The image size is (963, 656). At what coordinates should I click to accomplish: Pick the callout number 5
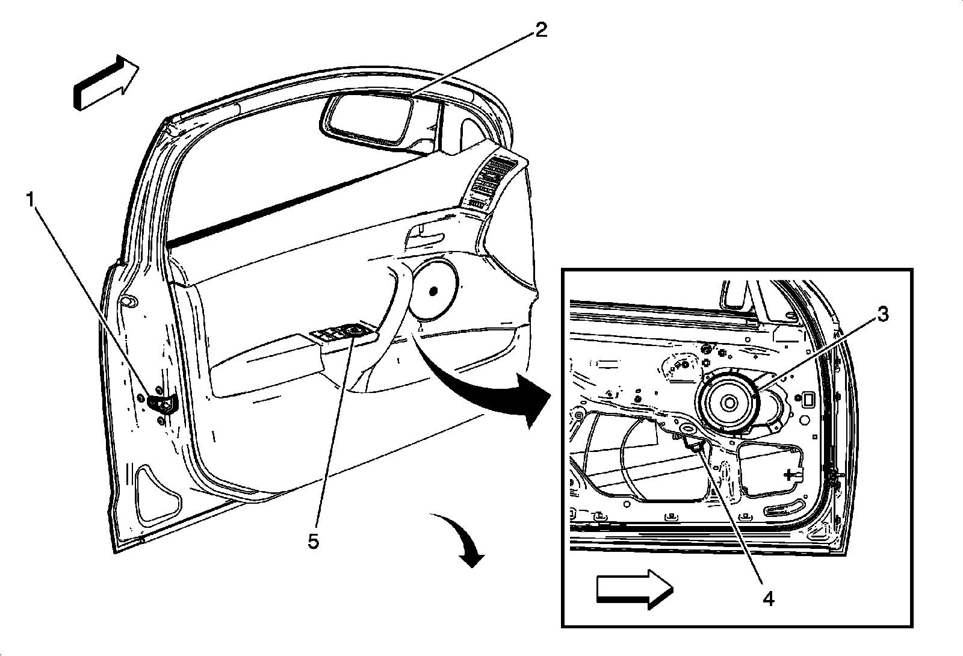tap(314, 541)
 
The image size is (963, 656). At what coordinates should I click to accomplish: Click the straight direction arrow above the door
tap(106, 83)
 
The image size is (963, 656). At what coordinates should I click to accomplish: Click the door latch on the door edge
tap(162, 405)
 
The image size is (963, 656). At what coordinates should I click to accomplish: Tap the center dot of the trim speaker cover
tap(433, 291)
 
